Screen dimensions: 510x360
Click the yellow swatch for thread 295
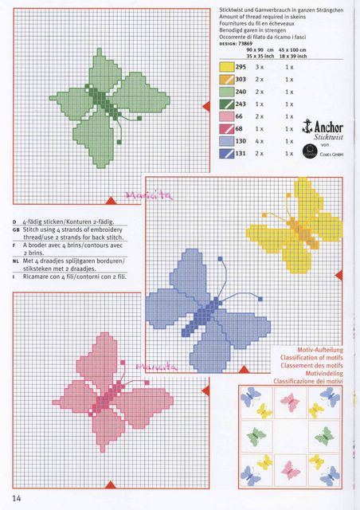coord(225,67)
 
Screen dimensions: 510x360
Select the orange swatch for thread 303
coord(225,80)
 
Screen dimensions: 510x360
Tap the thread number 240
coord(240,92)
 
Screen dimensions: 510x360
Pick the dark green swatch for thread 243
coord(225,104)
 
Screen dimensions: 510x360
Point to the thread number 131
coord(240,153)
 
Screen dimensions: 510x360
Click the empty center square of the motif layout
coord(291,436)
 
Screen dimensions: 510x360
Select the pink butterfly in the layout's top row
coord(291,402)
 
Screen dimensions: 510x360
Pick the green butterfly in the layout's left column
coord(257,436)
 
